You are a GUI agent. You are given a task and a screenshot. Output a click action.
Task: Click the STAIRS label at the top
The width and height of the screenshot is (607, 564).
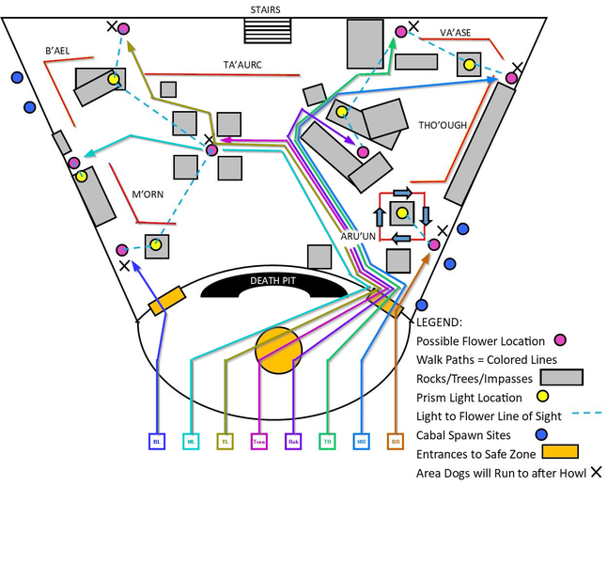click(264, 9)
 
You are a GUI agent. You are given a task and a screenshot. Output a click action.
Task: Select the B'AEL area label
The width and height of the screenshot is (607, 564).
click(58, 50)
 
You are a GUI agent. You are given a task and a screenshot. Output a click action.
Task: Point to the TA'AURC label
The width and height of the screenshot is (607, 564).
click(242, 65)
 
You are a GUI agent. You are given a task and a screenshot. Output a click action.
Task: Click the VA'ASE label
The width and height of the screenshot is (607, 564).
click(455, 33)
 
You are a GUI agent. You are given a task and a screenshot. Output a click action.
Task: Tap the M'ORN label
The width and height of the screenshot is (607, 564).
click(148, 195)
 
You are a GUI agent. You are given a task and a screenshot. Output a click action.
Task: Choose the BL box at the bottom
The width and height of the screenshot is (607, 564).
click(157, 440)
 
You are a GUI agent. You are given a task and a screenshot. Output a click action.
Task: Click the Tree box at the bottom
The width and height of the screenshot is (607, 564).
click(259, 440)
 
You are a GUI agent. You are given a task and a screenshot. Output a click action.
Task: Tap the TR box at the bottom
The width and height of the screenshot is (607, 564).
click(327, 440)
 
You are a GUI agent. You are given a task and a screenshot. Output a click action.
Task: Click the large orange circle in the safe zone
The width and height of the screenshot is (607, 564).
click(278, 352)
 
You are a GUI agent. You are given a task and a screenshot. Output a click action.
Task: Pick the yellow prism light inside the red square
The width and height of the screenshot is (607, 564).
click(402, 213)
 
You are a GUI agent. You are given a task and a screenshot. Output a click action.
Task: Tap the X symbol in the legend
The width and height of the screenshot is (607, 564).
click(595, 472)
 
